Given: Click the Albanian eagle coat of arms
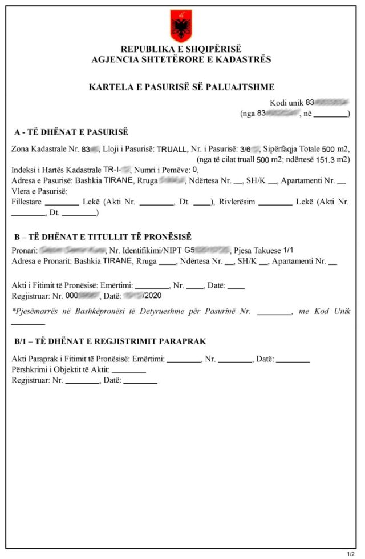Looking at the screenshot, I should [181, 25].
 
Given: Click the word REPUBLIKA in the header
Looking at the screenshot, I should [144, 50].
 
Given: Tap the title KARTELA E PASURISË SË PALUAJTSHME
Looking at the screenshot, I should [181, 87].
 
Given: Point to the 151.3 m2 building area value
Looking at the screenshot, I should [335, 159].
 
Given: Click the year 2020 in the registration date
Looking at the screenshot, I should [153, 295].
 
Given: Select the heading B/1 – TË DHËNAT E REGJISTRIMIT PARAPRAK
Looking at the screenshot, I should [109, 341].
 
